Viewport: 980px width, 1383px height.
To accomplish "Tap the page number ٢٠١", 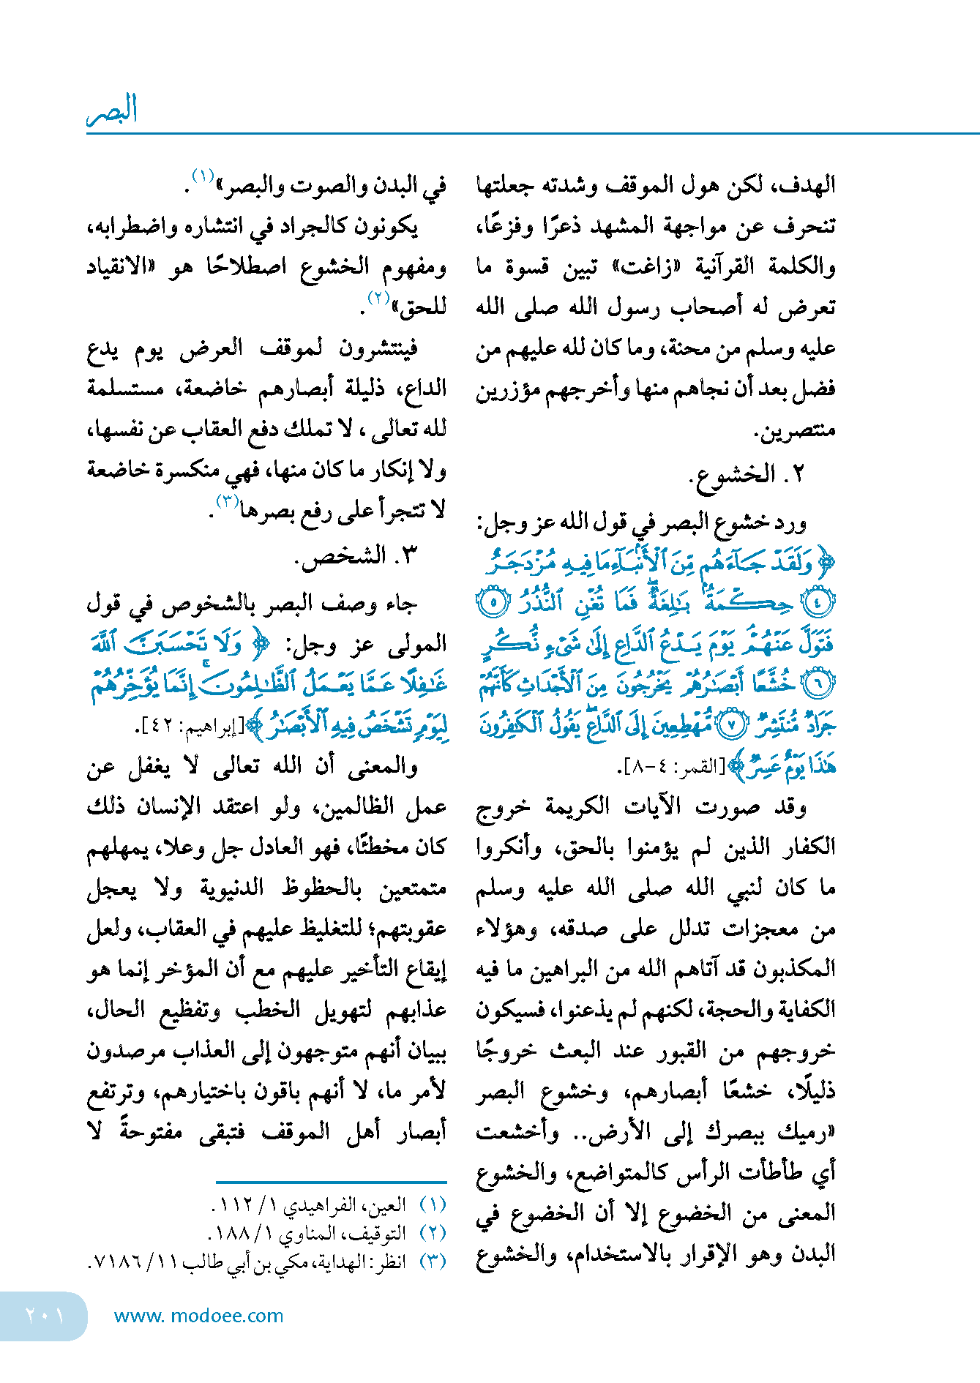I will point(44,1315).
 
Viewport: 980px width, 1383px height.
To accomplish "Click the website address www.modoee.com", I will point(198,1316).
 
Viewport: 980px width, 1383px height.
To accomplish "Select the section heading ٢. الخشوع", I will point(746,475).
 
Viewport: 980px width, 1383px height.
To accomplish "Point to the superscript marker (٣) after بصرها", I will point(228,502).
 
